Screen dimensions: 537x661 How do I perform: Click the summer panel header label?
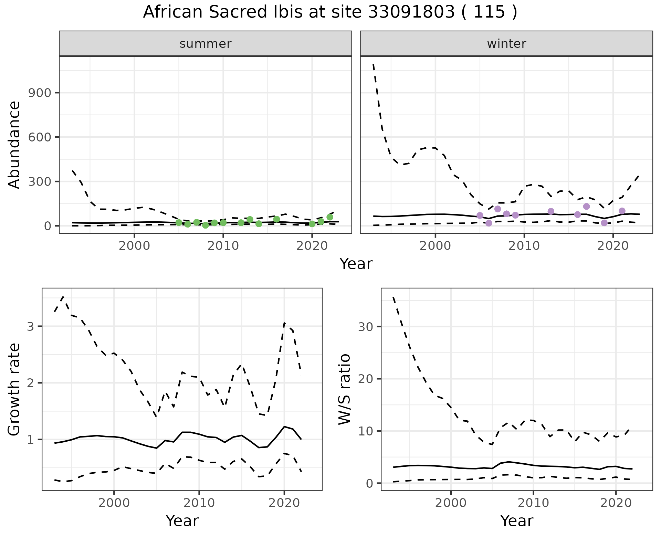click(206, 44)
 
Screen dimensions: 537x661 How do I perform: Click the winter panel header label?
click(506, 44)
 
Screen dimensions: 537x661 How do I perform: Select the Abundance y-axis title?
click(14, 145)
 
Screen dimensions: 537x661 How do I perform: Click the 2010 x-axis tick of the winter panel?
click(524, 246)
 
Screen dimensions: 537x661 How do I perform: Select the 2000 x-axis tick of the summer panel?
click(134, 246)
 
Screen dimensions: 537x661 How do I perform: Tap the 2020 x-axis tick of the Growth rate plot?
click(284, 503)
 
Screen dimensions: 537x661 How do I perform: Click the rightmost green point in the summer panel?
click(330, 217)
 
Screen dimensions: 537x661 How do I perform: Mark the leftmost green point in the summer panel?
click(179, 222)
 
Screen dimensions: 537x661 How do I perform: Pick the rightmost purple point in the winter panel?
click(622, 211)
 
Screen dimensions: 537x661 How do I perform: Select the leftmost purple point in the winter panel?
click(480, 215)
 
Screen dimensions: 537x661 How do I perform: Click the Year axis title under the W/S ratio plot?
click(516, 521)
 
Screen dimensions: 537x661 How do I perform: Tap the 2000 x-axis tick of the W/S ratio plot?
click(451, 503)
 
